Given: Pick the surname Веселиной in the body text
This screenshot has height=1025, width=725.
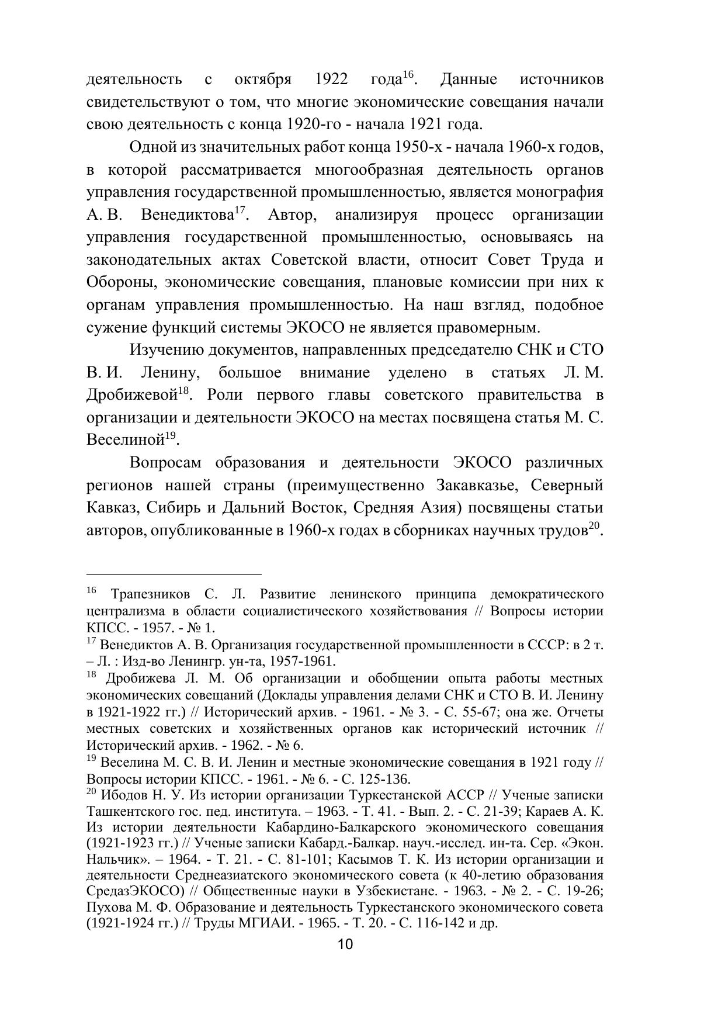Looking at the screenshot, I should point(124,440).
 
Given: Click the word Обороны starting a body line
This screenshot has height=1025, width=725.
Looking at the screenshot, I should point(121,283).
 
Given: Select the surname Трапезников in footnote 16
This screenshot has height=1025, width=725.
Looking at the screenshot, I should point(150,595).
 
